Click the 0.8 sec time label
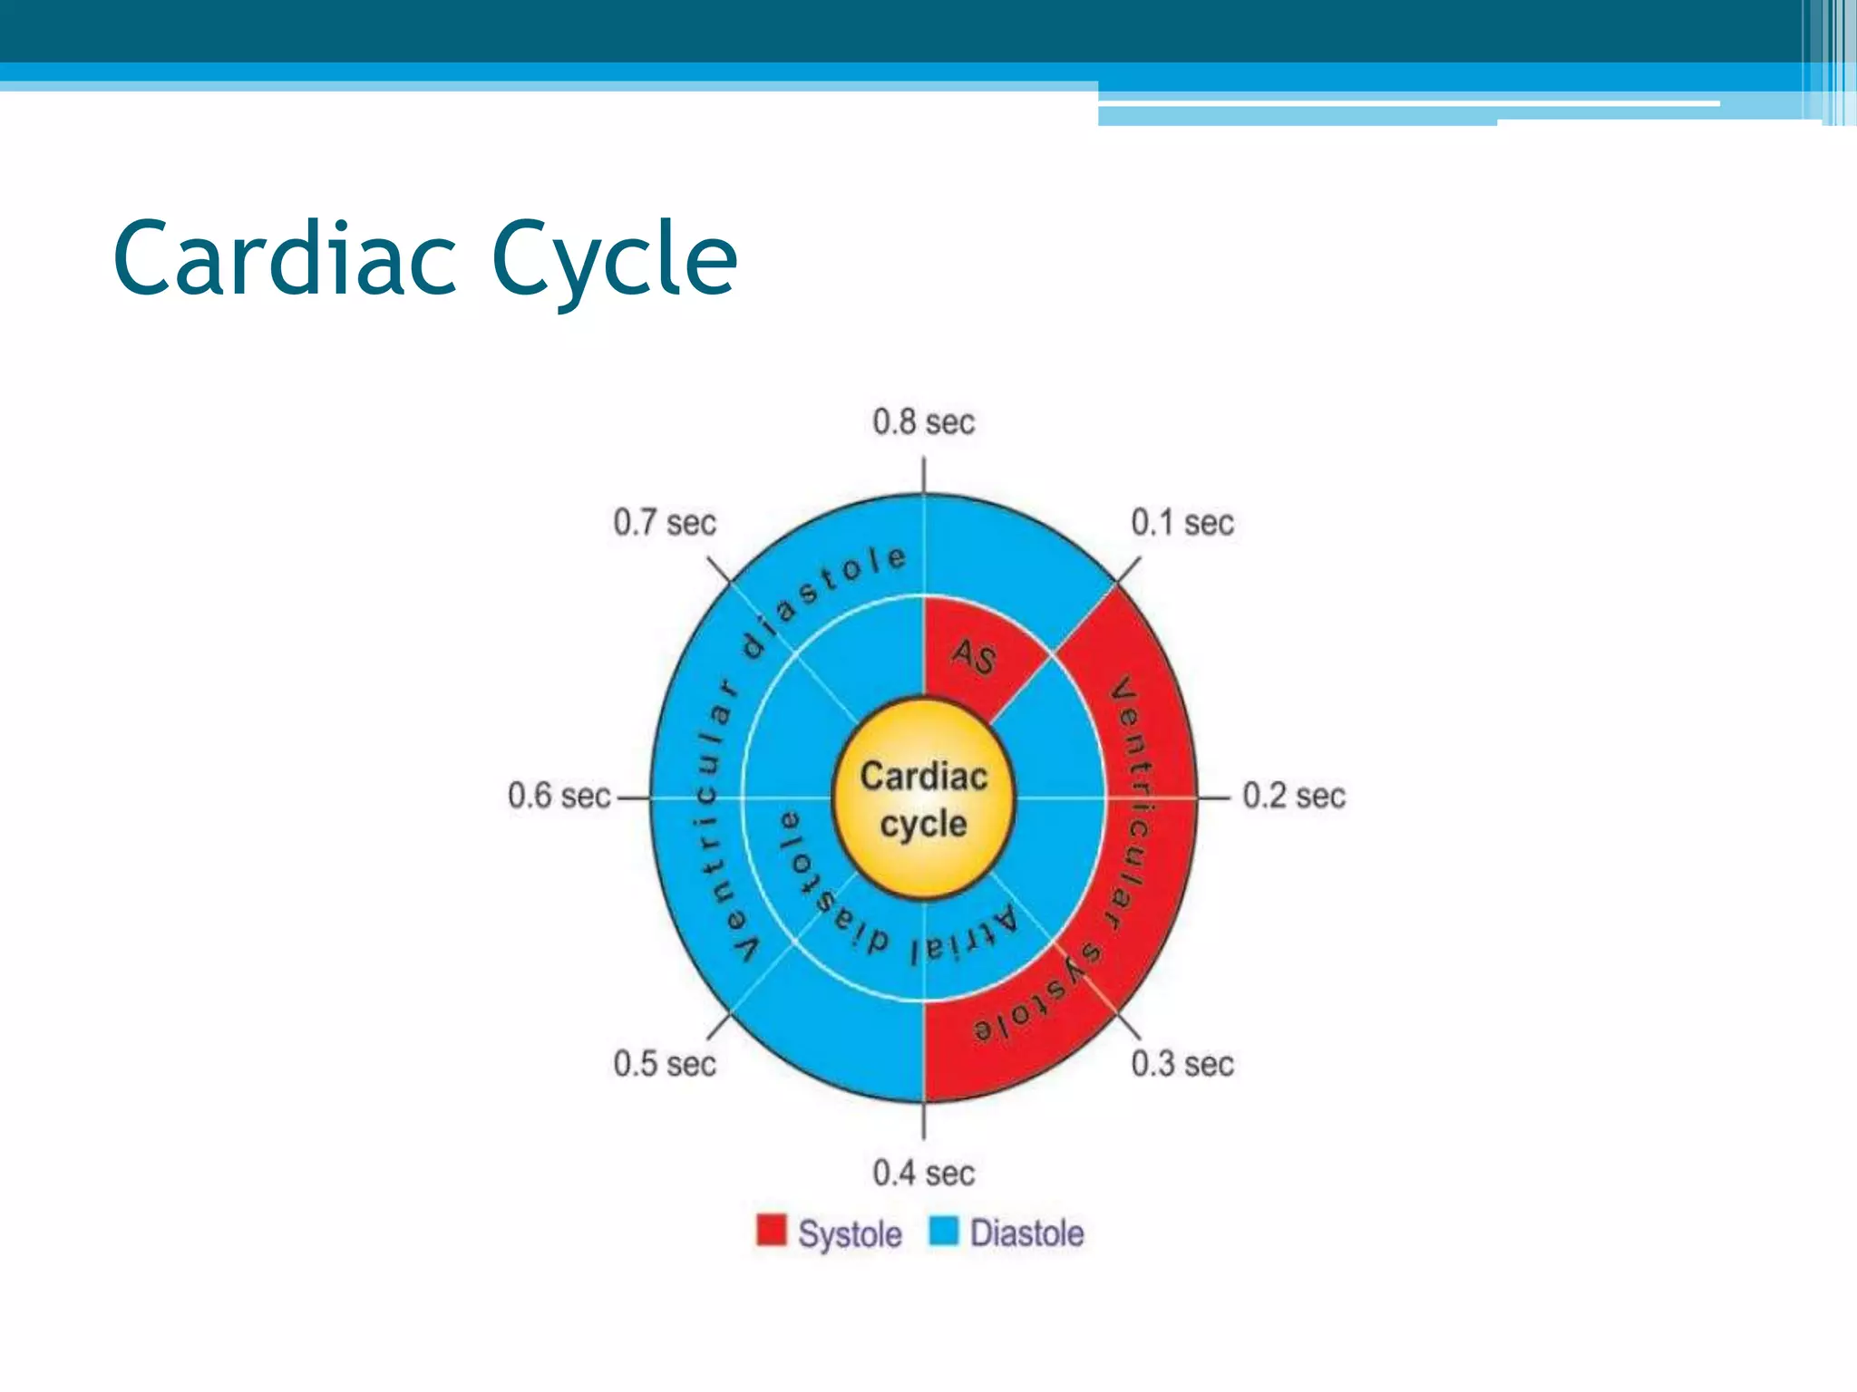(x=923, y=422)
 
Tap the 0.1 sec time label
(x=1181, y=523)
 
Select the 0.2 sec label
(x=1293, y=796)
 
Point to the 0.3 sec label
(x=1181, y=1064)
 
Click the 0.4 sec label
(x=923, y=1174)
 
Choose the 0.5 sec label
(x=665, y=1064)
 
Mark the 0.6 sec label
(x=559, y=796)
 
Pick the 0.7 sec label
(x=665, y=523)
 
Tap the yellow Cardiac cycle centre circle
(x=923, y=799)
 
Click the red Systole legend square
(x=772, y=1231)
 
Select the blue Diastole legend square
(x=944, y=1231)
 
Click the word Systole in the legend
(x=850, y=1234)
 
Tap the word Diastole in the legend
(x=1026, y=1233)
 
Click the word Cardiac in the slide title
(x=285, y=259)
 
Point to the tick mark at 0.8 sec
(x=923, y=475)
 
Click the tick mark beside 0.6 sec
(x=633, y=797)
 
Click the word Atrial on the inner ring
(x=966, y=939)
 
